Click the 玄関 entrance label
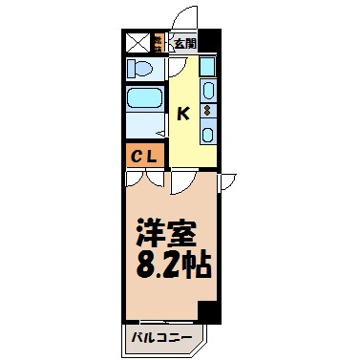(x=185, y=43)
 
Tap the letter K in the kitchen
(x=183, y=113)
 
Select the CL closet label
(x=145, y=154)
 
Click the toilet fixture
(x=144, y=71)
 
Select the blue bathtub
(x=145, y=100)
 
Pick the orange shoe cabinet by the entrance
(x=159, y=43)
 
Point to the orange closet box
(x=145, y=154)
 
